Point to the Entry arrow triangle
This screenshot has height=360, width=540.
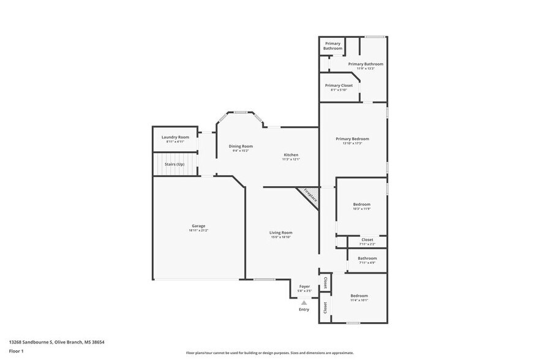click(x=304, y=302)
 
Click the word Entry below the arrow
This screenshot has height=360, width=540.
click(x=304, y=309)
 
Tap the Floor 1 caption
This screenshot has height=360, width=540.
click(x=16, y=351)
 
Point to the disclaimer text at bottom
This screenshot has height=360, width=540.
click(x=269, y=353)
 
